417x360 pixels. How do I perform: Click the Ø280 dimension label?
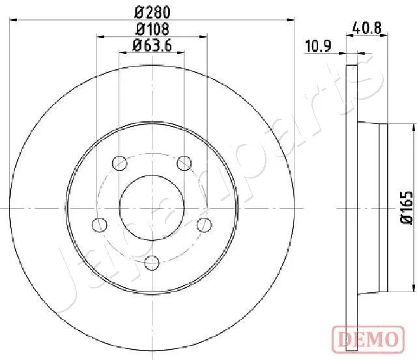152,12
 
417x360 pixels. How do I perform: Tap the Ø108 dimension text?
152,29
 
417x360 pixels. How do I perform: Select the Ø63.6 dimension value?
152,45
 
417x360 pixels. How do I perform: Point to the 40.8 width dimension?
367,28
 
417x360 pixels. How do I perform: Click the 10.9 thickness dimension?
318,46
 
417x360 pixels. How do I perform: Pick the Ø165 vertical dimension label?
407,207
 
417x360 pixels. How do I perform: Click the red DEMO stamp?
368,340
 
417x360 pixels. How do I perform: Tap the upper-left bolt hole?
119,163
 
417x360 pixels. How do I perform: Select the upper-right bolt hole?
184,163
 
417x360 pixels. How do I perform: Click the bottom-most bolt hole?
152,263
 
